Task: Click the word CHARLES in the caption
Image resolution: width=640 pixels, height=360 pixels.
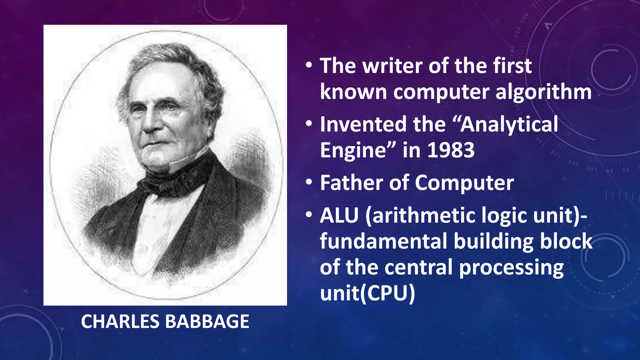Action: (120, 322)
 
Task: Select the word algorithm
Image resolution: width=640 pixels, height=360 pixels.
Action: (543, 92)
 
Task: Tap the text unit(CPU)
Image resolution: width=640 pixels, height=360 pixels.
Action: (367, 293)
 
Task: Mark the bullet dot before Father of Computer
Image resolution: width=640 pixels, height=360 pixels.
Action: (309, 182)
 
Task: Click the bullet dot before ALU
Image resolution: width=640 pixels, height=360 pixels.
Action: (309, 215)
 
